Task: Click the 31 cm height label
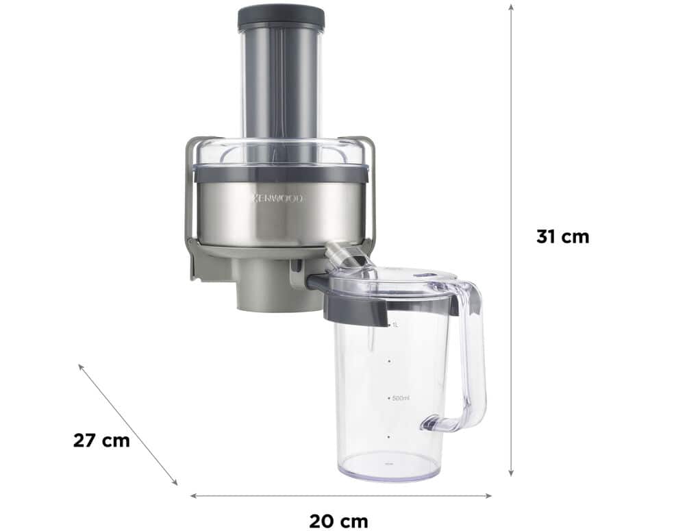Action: coord(562,237)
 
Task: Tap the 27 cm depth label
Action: coord(101,441)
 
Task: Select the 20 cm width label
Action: coord(339,521)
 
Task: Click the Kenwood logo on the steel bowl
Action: coord(277,198)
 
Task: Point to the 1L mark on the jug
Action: coord(394,325)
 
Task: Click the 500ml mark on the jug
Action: coord(400,398)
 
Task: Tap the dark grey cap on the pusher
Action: coord(281,18)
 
